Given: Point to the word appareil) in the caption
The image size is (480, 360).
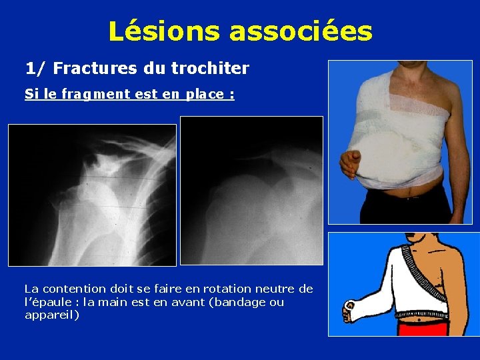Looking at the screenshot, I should [52, 315].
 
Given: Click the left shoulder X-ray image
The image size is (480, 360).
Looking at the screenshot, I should [92, 195].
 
